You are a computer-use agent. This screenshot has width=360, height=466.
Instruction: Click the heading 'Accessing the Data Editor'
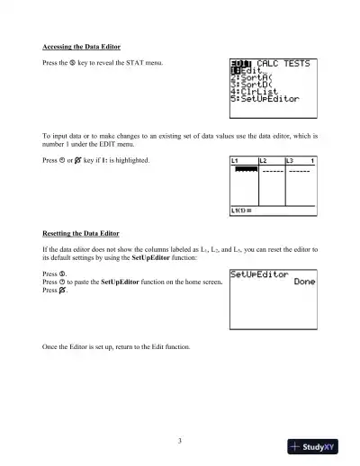[x=82, y=46]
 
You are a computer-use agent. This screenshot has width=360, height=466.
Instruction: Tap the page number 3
[x=180, y=440]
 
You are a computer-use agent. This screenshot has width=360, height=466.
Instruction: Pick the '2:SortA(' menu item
[x=248, y=78]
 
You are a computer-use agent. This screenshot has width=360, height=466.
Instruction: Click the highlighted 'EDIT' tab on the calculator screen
[x=238, y=63]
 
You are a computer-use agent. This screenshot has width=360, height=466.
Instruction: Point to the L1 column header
[x=236, y=160]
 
